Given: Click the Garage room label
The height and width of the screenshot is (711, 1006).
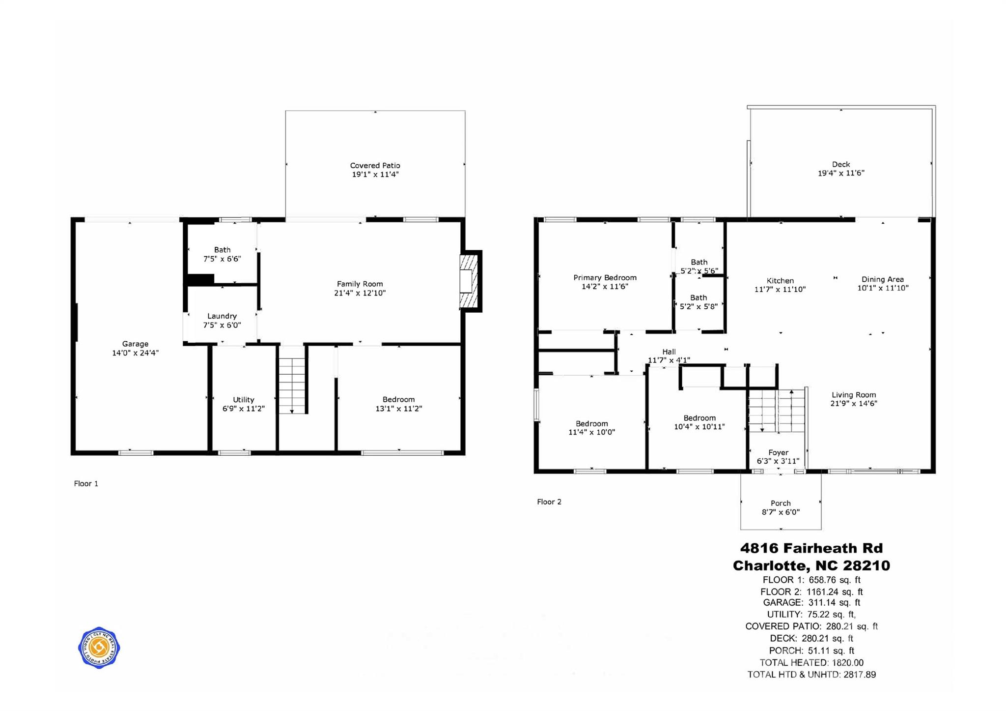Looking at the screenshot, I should [135, 344].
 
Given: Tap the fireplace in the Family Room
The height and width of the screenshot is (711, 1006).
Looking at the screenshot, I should [469, 281].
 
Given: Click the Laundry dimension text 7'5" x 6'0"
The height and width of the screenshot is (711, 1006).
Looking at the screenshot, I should [222, 325].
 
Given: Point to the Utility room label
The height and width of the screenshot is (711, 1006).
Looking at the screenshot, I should [243, 400].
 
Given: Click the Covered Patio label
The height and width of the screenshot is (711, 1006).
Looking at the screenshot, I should [375, 166].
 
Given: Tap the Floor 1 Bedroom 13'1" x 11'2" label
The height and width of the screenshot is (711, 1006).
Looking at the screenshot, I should [398, 400].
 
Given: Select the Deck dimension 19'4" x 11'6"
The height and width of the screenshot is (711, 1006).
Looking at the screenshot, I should [841, 173].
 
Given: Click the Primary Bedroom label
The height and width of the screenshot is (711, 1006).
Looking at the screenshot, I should [605, 278].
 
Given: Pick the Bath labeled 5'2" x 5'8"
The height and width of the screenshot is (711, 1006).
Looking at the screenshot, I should [699, 298].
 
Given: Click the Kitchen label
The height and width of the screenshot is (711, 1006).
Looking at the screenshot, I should [780, 281].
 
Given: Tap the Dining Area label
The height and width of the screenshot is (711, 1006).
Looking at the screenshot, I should [882, 279].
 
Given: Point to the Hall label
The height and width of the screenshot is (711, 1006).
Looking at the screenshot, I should [669, 352].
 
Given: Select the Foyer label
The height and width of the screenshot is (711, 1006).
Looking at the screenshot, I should [778, 452].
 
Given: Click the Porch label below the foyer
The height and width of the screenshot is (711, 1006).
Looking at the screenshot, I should [781, 503].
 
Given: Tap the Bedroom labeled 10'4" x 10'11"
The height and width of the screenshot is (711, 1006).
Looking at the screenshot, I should [699, 418].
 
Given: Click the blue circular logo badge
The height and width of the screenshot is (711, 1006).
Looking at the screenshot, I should [99, 648].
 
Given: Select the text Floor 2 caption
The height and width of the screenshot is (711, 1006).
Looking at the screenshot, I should [549, 502].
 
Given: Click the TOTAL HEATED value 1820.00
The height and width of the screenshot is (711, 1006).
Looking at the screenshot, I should [847, 663].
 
